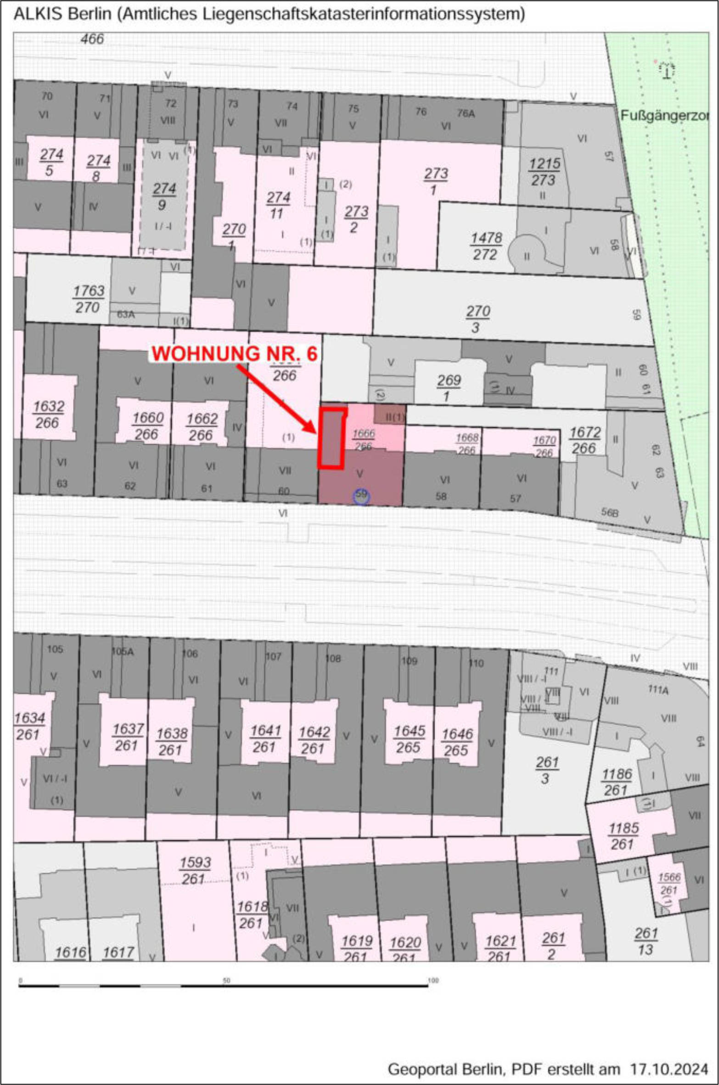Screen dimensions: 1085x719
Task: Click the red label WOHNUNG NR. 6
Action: (234, 354)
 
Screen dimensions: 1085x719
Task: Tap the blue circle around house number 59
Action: (361, 496)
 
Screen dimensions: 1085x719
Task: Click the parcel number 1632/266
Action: (48, 414)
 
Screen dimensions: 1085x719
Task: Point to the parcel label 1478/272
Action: (486, 246)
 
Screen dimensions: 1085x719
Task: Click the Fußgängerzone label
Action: (664, 116)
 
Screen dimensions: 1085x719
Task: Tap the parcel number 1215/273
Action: (544, 172)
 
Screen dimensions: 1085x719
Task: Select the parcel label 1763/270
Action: (88, 299)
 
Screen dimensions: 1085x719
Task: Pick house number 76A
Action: (466, 113)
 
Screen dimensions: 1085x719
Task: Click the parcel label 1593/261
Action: (195, 870)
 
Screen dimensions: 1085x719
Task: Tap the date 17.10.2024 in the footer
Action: (668, 1068)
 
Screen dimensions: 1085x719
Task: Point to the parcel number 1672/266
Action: (584, 440)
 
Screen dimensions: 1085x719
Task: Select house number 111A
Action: (658, 690)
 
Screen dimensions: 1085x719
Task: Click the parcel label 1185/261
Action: (623, 836)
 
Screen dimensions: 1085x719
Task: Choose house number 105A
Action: (123, 651)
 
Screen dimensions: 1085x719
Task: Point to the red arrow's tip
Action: (316, 433)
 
